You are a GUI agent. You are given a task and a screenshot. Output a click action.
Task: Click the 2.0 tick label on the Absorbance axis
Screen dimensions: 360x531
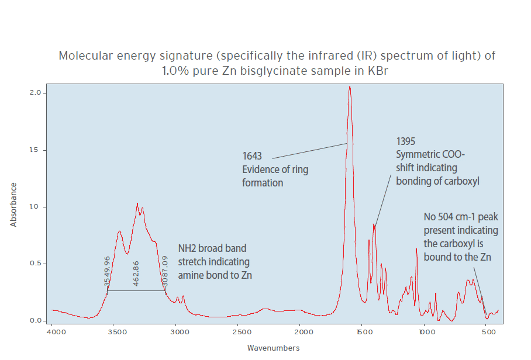tap(36, 93)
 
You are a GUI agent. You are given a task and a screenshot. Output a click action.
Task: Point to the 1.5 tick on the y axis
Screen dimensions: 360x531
tap(36, 150)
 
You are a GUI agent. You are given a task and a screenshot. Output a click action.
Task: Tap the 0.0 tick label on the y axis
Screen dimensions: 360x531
tap(36, 321)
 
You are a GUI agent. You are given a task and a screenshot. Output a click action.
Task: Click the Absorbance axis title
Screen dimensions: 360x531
tap(14, 205)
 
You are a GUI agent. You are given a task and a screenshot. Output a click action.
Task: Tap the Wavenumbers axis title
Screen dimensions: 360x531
tap(273, 348)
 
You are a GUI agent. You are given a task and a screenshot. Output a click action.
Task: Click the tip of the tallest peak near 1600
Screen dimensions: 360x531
tap(350, 86)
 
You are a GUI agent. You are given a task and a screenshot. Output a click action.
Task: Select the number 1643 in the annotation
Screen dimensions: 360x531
tap(252, 157)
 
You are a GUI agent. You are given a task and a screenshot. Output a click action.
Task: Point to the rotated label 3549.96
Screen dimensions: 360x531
tap(107, 271)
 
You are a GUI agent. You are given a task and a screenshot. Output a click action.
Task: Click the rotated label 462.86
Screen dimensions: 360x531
tap(136, 271)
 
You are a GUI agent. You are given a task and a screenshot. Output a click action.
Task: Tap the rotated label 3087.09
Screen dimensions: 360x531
tap(164, 271)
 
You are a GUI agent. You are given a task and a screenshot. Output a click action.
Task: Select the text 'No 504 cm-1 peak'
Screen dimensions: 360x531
tap(461, 217)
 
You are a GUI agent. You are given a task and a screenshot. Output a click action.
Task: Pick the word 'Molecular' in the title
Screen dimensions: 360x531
tap(85, 56)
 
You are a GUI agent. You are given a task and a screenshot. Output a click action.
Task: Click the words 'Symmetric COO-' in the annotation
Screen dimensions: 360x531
tap(430, 154)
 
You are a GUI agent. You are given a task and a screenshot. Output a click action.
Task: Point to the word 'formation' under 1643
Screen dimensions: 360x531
tap(263, 184)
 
